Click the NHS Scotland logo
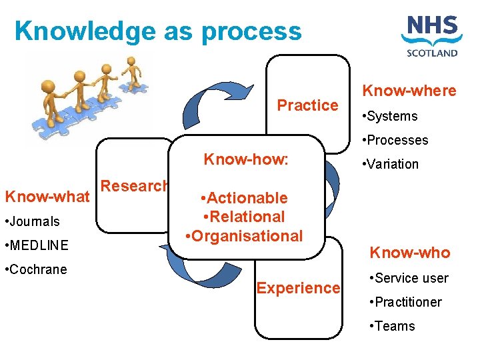coord(432,36)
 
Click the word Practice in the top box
coord(307,105)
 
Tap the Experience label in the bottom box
coord(298,288)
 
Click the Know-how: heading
coord(245,159)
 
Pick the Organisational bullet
coord(245,236)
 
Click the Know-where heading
coord(409,91)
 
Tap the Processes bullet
coord(394,140)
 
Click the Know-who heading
coord(410,253)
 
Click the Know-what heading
coord(47,197)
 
